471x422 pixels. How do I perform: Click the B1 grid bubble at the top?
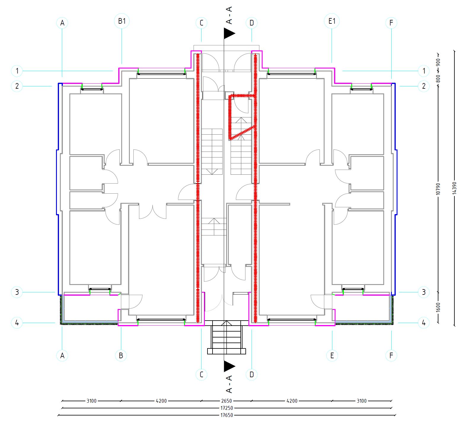click(122, 21)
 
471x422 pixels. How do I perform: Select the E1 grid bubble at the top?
click(332, 21)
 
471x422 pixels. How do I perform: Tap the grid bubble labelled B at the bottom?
click(121, 355)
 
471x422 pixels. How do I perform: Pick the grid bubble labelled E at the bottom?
click(332, 355)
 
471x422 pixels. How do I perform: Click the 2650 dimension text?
click(226, 401)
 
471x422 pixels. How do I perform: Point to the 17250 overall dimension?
click(226, 408)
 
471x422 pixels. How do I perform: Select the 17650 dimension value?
click(226, 415)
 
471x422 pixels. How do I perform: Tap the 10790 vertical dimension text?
click(438, 189)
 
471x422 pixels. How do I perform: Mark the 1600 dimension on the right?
click(438, 307)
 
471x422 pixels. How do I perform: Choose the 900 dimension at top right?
click(438, 62)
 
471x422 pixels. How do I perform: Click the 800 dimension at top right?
click(438, 78)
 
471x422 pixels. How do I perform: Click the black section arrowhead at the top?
click(229, 34)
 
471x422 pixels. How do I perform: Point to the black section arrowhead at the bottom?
click(229, 367)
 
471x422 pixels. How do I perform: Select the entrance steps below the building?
click(227, 337)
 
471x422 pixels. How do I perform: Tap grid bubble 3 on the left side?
click(17, 292)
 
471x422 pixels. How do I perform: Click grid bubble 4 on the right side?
click(424, 322)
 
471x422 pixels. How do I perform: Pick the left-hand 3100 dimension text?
click(91, 401)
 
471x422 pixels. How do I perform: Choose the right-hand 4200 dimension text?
click(292, 401)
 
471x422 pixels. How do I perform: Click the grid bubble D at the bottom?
click(252, 374)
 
